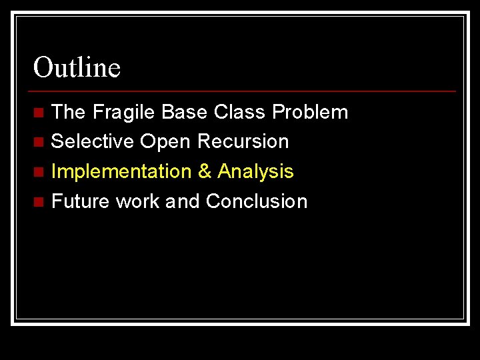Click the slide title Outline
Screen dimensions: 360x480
(77, 67)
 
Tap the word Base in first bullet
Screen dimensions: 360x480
(185, 112)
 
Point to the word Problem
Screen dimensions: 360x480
(310, 112)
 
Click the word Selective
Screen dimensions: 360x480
(93, 141)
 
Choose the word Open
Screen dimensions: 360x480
(163, 142)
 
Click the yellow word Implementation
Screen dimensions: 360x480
(121, 171)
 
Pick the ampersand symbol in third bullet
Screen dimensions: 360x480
(205, 171)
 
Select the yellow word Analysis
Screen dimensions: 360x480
(255, 171)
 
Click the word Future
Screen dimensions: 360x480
(81, 201)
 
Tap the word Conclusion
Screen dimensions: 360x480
(257, 201)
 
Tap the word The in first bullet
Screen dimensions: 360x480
(69, 112)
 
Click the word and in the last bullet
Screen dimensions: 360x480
(183, 201)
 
